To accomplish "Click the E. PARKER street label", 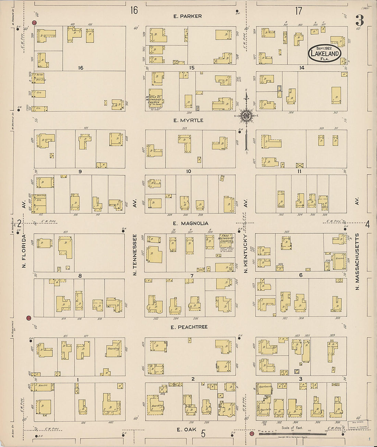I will click(187, 16).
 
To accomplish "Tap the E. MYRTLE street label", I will click(188, 120).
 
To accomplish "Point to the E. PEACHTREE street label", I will click(189, 327).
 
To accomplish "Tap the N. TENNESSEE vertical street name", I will click(135, 255).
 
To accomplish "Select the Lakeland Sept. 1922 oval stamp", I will click(325, 53).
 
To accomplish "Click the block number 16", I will click(81, 68).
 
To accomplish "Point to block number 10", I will click(188, 171).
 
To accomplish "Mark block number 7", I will click(192, 276).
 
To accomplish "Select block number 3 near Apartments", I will click(301, 379).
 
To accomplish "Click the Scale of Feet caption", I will click(292, 428).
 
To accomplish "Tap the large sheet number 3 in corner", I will click(359, 21).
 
